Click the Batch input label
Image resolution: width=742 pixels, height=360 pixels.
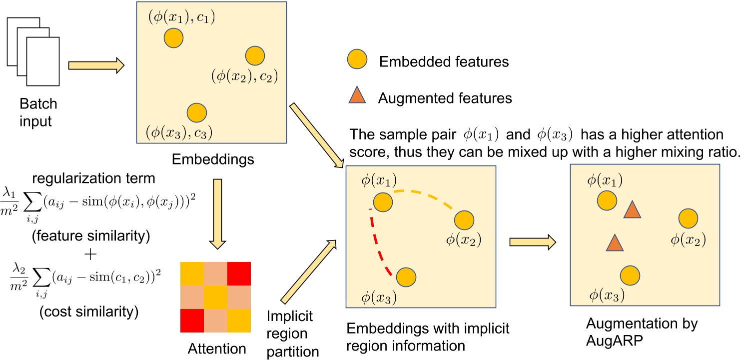pyautogui.click(x=39, y=112)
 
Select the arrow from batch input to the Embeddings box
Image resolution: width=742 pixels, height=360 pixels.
pyautogui.click(x=95, y=66)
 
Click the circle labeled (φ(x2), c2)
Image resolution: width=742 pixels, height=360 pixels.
pyautogui.click(x=255, y=55)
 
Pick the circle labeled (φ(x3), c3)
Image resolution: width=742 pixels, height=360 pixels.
pyautogui.click(x=196, y=112)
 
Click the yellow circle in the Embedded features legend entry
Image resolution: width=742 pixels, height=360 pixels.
pyautogui.click(x=357, y=61)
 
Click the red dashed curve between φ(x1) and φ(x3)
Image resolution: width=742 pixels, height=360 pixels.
pyautogui.click(x=375, y=245)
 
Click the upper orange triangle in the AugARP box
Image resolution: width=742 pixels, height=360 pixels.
pyautogui.click(x=632, y=210)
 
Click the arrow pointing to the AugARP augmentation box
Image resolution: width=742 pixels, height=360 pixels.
pyautogui.click(x=532, y=242)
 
